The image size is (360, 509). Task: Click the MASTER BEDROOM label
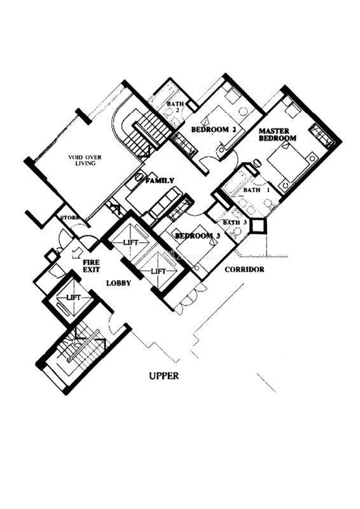coord(277,134)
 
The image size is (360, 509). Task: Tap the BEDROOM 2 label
coord(213,130)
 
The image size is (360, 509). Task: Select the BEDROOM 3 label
coord(197,235)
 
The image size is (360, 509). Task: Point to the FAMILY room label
coord(160,181)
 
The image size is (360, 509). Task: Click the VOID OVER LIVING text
coord(85,160)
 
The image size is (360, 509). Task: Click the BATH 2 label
coord(176,107)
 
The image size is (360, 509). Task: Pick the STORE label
coord(70,217)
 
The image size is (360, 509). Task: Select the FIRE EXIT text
coord(91,265)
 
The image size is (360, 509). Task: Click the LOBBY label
coord(118,283)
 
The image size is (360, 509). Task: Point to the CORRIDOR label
coord(244,269)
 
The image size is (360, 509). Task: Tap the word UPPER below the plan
coord(164,376)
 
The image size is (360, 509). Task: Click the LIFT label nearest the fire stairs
coord(74,297)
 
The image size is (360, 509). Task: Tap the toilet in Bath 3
coord(237,232)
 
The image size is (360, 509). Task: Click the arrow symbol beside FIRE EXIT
coord(78,252)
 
